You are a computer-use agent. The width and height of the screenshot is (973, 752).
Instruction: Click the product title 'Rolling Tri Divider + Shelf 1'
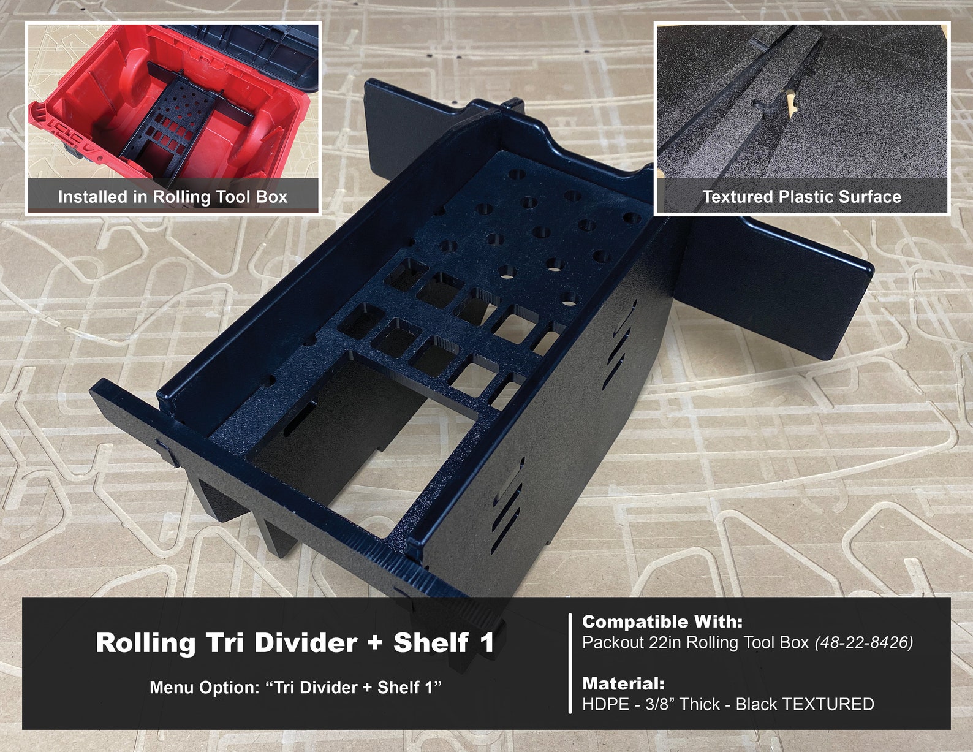click(295, 643)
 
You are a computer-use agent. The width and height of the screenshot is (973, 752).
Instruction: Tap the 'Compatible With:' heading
click(662, 622)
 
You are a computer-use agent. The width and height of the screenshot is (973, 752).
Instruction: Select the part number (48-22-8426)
click(863, 642)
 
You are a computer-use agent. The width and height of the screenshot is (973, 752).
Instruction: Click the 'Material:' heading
click(623, 683)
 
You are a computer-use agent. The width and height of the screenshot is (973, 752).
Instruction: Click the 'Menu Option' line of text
click(295, 688)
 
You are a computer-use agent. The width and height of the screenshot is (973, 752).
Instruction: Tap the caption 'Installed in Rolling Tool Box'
click(172, 197)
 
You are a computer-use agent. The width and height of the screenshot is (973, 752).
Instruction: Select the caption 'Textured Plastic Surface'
click(801, 197)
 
